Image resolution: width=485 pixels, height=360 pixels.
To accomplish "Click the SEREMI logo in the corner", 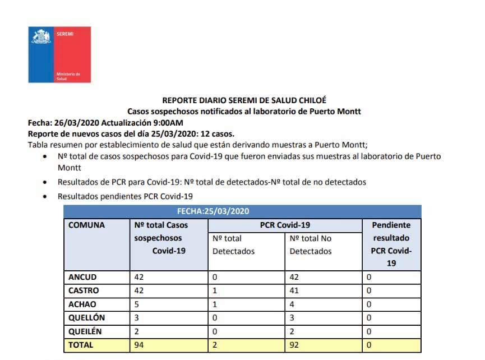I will [59, 54].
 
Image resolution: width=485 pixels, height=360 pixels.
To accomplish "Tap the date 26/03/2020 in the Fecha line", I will [74, 123].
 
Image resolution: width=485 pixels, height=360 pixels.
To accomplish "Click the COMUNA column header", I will [86, 225].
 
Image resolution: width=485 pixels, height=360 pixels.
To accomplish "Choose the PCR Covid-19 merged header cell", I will [285, 225].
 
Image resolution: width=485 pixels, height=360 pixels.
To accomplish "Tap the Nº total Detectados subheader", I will [234, 245].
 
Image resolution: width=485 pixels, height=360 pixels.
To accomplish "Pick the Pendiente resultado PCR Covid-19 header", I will [391, 244].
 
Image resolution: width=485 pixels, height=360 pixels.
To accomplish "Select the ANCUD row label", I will [82, 277].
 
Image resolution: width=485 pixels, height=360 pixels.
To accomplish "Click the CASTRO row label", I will [84, 291].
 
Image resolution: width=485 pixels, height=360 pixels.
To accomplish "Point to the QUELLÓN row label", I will [87, 318].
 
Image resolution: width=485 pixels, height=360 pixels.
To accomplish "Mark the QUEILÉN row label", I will [86, 331].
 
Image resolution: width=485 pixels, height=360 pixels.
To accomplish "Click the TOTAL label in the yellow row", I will [81, 345].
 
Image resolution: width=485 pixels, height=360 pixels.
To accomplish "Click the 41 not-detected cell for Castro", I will [295, 291].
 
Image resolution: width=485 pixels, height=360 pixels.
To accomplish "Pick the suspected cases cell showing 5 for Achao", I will [137, 304].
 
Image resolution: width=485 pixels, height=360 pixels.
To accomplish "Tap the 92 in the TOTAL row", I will [295, 345].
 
